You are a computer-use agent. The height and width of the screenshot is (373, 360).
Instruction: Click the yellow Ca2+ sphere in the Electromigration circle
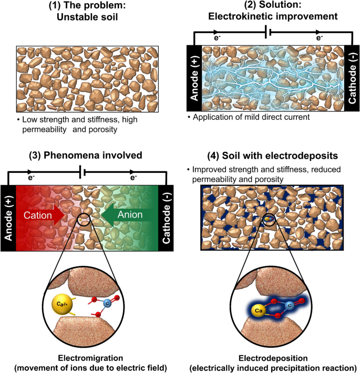[61, 304]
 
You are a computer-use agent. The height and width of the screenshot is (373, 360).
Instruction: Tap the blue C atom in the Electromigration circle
[108, 303]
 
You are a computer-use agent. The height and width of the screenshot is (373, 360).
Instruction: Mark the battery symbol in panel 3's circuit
[81, 173]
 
